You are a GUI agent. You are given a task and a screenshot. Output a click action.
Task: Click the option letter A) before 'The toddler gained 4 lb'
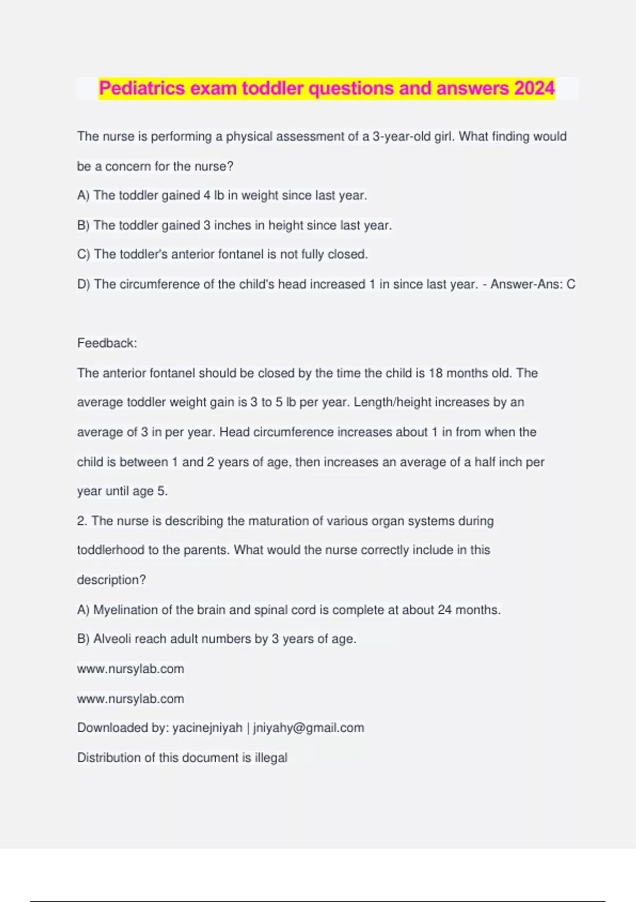83,195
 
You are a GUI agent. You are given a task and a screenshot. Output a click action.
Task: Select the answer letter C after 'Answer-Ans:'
571,284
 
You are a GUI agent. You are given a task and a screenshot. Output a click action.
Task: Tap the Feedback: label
107,343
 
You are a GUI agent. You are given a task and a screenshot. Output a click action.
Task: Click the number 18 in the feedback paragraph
436,373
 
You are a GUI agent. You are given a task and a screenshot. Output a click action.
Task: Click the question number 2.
82,521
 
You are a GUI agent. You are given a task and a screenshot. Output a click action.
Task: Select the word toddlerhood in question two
110,550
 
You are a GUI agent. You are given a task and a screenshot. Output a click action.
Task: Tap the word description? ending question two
111,579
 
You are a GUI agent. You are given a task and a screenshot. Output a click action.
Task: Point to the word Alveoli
112,639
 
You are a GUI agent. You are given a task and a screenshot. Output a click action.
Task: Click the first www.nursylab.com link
130,669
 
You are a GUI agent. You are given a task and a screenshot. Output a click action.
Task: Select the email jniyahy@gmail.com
308,727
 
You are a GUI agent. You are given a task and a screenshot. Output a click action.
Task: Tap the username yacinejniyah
207,727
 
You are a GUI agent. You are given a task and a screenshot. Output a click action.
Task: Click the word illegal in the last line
271,757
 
